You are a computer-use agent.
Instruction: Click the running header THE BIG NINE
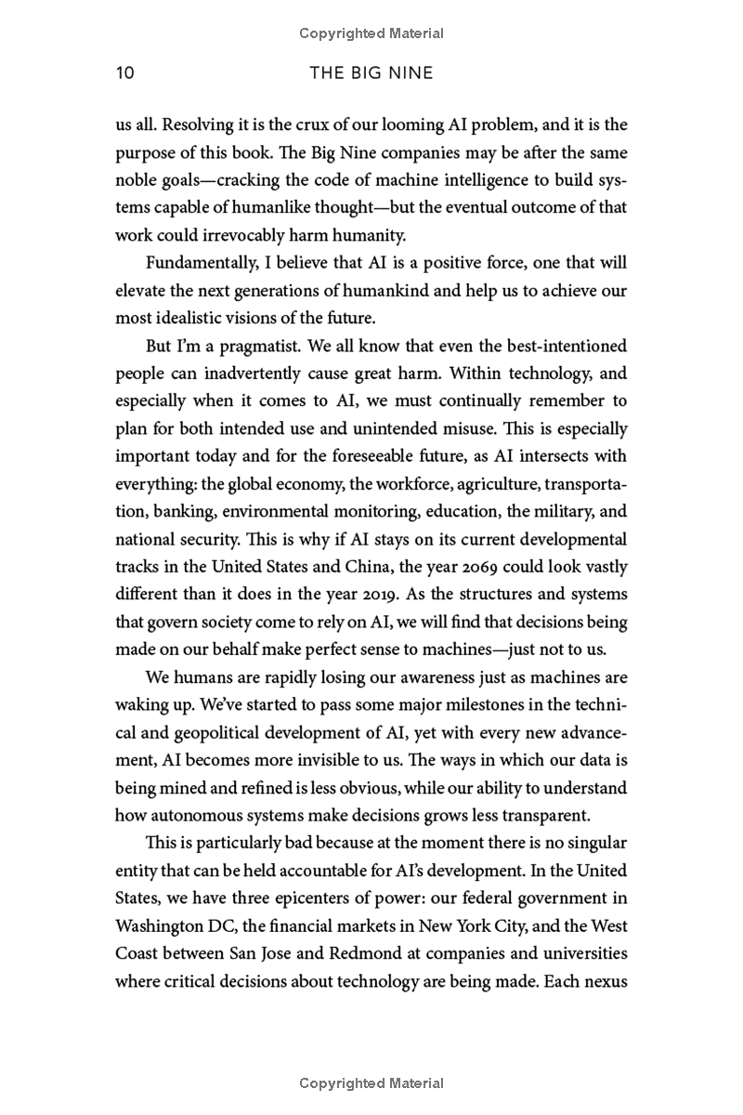click(x=371, y=73)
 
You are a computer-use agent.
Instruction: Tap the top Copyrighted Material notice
click(x=371, y=33)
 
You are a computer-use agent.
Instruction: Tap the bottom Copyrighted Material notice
click(x=371, y=1083)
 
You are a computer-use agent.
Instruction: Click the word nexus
click(x=606, y=981)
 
